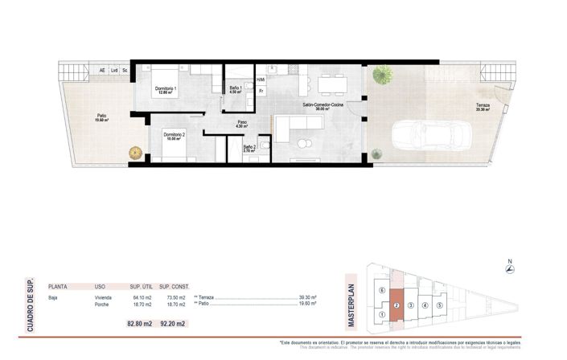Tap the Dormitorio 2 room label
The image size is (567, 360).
(x=175, y=134)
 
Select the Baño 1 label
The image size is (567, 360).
(x=236, y=88)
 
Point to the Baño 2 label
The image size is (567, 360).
(x=249, y=148)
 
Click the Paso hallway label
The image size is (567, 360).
(x=241, y=124)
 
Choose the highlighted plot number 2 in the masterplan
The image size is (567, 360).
(x=397, y=305)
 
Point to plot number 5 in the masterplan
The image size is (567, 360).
(x=439, y=305)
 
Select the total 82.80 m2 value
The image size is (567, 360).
(x=140, y=324)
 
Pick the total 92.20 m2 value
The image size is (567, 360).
(x=172, y=324)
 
